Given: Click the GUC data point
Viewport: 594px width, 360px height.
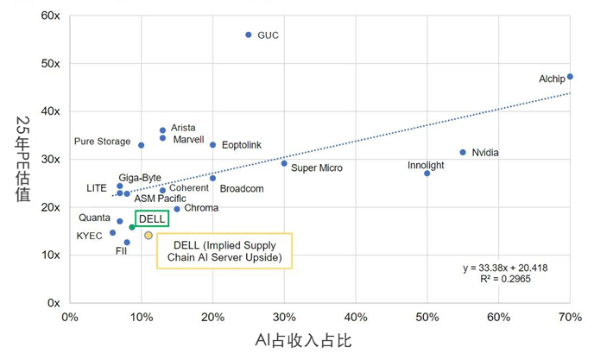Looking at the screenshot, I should point(249,35).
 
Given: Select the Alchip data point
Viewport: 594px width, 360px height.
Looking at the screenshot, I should point(570,77).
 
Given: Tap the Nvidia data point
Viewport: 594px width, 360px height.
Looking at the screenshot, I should point(463,153).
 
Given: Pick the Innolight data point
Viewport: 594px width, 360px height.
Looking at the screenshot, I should point(427,174).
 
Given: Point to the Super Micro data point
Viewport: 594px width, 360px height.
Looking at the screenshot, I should point(284,163).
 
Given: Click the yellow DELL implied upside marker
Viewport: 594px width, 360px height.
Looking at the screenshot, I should point(148,235).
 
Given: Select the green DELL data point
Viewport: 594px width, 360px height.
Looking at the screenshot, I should point(132,227).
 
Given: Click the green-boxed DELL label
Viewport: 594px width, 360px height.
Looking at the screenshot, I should point(151,219).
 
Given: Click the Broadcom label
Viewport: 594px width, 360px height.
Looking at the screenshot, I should point(242,188).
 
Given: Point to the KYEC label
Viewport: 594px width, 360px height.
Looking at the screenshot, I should point(89,236).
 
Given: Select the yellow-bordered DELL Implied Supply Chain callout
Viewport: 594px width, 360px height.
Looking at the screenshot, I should point(224,251).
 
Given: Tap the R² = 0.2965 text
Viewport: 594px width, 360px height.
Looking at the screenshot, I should point(496,280).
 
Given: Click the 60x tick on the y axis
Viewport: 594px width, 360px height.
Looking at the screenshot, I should point(49,16).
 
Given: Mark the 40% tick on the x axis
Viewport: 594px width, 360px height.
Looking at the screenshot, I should point(356,317).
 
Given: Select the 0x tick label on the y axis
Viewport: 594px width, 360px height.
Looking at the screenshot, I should point(53,303).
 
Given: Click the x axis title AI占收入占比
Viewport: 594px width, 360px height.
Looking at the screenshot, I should point(301,340).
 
